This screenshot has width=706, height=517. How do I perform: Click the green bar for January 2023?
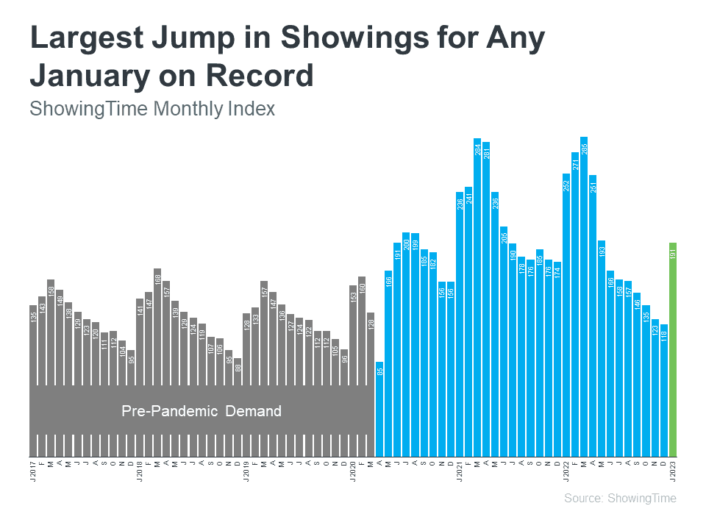(673, 349)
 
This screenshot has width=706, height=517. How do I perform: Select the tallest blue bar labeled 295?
(584, 294)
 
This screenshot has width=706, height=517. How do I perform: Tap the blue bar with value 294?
(477, 294)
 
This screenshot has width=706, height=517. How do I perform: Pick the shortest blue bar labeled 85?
(379, 408)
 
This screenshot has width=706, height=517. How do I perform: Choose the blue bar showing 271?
(575, 302)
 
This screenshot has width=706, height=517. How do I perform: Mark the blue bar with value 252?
(566, 313)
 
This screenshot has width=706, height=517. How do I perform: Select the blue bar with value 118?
(664, 390)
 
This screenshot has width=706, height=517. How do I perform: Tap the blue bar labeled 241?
(468, 320)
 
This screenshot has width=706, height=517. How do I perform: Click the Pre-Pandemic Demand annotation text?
(202, 411)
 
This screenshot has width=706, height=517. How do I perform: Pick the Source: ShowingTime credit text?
(620, 499)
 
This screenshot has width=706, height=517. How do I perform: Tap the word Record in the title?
(263, 76)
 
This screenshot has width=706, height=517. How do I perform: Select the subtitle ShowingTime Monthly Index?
(152, 109)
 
